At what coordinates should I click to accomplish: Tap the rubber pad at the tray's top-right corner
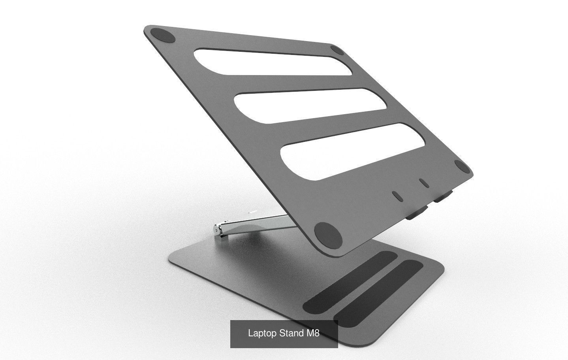point(338,50)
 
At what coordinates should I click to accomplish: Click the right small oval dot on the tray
point(424,183)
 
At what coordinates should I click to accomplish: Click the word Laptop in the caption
point(262,333)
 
